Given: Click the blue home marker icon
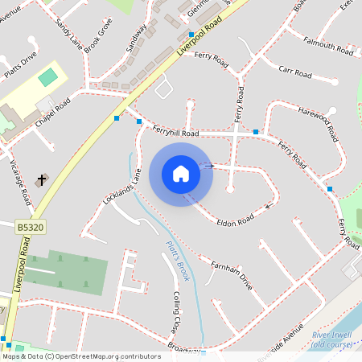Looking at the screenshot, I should tap(181, 174).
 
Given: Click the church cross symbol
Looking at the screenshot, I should tap(42, 177).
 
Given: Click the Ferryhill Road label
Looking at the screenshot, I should tap(175, 132).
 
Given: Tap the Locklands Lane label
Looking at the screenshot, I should tap(121, 185).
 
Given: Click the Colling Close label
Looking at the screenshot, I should tap(176, 312).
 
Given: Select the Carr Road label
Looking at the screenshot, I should tap(294, 73).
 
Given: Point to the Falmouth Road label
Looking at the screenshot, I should tap(327, 46).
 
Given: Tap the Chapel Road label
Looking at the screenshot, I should tap(52, 113).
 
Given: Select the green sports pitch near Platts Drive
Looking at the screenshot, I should tap(48, 77).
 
